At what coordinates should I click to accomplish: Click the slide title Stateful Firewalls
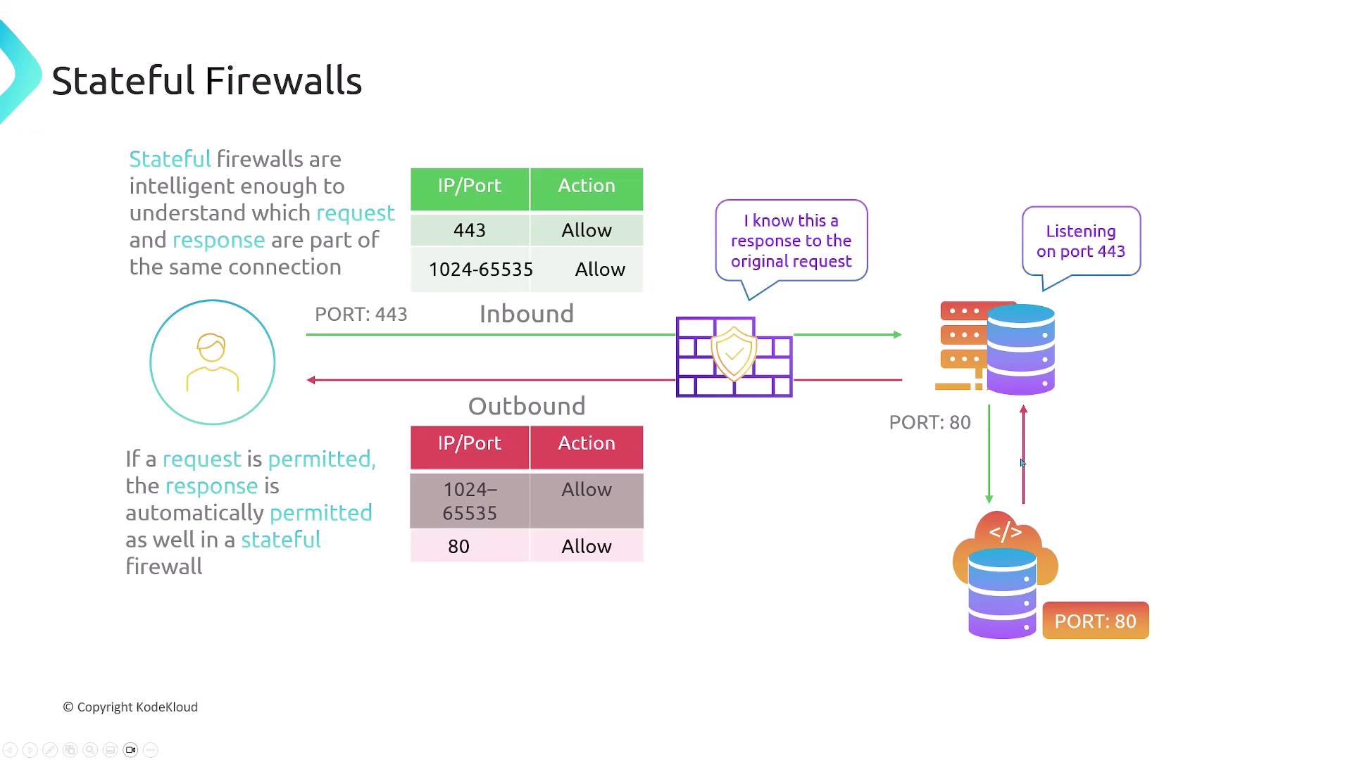(x=207, y=81)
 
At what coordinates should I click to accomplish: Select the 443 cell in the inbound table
(x=470, y=230)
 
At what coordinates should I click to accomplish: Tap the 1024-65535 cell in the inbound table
(x=480, y=269)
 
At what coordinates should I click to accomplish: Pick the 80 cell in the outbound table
(x=458, y=546)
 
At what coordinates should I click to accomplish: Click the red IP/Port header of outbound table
(x=470, y=443)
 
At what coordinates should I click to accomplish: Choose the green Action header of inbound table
(x=587, y=186)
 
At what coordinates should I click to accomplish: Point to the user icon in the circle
(x=212, y=362)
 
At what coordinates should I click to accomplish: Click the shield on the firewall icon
(x=734, y=353)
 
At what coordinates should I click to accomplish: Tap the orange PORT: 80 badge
(x=1095, y=621)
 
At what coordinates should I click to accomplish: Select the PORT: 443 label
(x=361, y=314)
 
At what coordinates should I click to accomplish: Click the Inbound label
(x=527, y=314)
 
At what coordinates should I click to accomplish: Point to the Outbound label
(x=527, y=406)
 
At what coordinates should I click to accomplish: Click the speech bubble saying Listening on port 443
(x=1081, y=241)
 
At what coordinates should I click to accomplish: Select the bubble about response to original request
(x=791, y=241)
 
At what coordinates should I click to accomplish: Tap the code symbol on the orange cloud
(x=1005, y=532)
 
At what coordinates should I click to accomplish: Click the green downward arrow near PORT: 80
(x=989, y=454)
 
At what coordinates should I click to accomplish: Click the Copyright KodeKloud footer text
(x=131, y=707)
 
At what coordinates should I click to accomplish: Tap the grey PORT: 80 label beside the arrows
(x=930, y=422)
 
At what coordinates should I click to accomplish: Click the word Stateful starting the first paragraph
(x=170, y=159)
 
